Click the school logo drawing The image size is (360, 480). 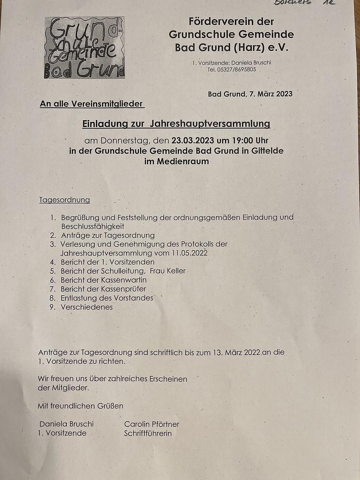click(85, 48)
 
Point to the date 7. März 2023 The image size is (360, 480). click(270, 94)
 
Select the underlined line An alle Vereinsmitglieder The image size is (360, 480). click(92, 104)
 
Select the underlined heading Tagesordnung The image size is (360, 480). click(64, 200)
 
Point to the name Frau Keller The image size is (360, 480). click(168, 271)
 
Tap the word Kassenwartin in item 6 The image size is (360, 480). click(123, 280)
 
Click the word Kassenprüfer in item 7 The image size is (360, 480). click(123, 288)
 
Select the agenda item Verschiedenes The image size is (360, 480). click(87, 307)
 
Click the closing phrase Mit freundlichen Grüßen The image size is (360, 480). click(80, 406)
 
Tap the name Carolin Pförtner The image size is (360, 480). click(152, 424)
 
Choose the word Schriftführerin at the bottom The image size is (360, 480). click(148, 433)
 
